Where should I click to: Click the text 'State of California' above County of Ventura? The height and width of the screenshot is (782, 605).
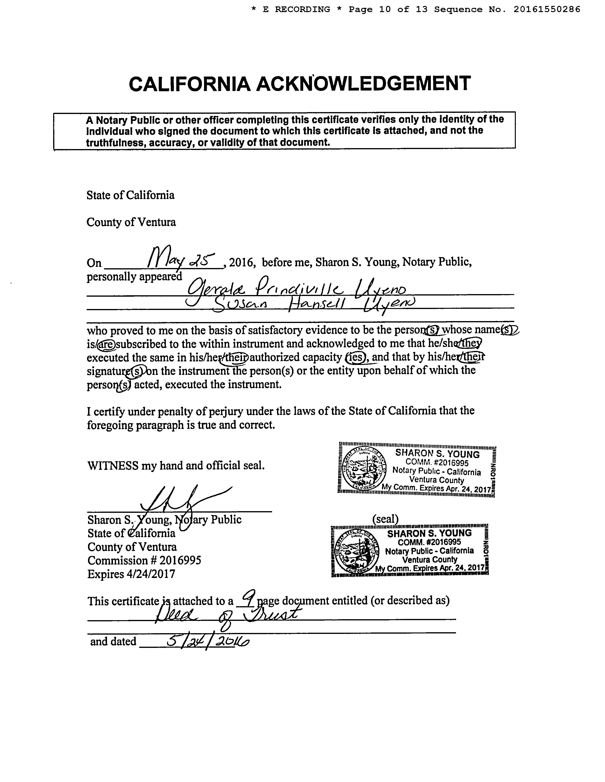pos(130,195)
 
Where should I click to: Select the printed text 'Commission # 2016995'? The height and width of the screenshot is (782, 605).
pos(144,560)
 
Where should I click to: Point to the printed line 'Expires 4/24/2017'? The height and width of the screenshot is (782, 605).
pos(131,574)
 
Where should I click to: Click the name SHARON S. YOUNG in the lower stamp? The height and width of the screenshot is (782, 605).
pos(429,533)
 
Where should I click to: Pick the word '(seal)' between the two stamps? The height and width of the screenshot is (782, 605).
pos(386,518)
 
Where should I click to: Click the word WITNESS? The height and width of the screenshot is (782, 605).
pos(112,465)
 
